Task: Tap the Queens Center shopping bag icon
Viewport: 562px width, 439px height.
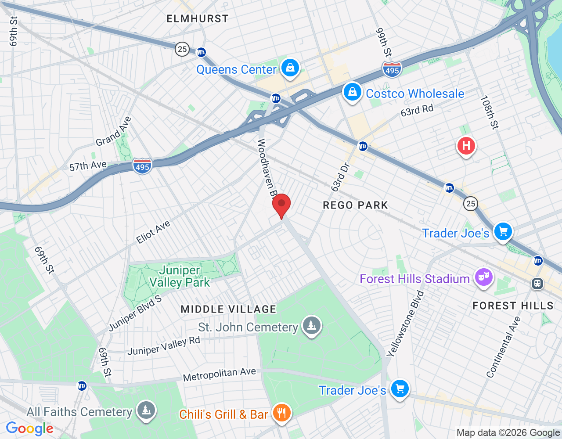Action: [x=290, y=68]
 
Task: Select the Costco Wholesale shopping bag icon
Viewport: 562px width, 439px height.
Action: [x=352, y=92]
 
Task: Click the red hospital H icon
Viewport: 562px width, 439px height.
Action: [x=466, y=145]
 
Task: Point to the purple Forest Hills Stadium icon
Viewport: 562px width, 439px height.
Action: [x=483, y=277]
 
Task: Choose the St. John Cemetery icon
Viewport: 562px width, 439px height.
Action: [x=312, y=325]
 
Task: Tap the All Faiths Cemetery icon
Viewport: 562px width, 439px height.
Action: [x=146, y=410]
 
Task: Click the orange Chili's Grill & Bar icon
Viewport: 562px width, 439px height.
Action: [x=281, y=413]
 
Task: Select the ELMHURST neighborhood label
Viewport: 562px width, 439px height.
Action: [x=198, y=18]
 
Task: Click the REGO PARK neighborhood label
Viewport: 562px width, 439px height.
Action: [x=355, y=205]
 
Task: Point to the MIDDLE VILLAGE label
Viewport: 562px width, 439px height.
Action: [x=229, y=309]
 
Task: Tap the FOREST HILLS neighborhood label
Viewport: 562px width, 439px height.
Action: [x=513, y=306]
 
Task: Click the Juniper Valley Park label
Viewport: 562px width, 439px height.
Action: [x=180, y=276]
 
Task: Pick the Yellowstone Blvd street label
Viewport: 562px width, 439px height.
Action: [x=405, y=324]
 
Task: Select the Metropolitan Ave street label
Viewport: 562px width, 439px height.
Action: [x=219, y=374]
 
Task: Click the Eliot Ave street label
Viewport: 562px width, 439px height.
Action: [x=153, y=232]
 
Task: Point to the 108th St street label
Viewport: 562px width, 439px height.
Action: [x=490, y=112]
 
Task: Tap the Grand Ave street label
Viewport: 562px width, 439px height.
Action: [x=114, y=131]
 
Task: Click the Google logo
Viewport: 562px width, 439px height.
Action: [x=30, y=428]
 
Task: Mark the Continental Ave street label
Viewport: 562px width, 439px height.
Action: [x=503, y=347]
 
